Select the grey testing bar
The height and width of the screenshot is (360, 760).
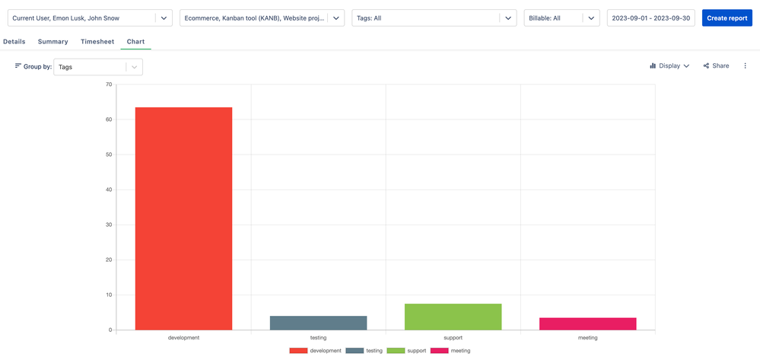(x=318, y=323)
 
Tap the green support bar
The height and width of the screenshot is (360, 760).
(x=453, y=317)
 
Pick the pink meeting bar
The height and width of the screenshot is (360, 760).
(x=587, y=323)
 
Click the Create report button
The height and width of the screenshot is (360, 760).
(x=727, y=18)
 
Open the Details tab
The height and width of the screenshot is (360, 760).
(x=14, y=42)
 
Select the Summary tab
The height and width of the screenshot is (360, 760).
(x=52, y=42)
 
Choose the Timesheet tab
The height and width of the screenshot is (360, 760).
(x=97, y=42)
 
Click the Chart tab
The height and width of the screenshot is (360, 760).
(x=135, y=42)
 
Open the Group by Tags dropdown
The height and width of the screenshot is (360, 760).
(x=98, y=67)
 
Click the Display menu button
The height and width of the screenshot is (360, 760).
(x=669, y=66)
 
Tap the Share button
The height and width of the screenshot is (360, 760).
(x=716, y=66)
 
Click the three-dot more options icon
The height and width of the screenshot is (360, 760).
(x=746, y=66)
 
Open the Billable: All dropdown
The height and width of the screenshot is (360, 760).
(x=561, y=18)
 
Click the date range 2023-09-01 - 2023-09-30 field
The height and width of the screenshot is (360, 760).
(x=651, y=18)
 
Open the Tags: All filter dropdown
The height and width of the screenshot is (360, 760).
(x=434, y=18)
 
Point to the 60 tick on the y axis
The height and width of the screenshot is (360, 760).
(x=109, y=119)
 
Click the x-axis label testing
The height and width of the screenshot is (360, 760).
(x=318, y=337)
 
